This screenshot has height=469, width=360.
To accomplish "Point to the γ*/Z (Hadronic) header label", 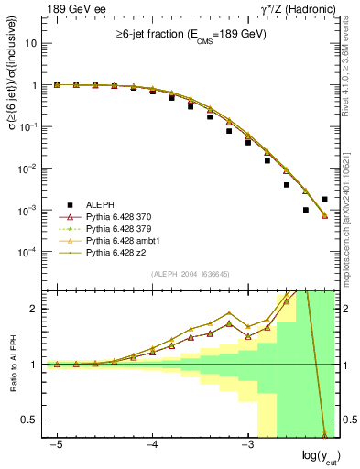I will [299, 9].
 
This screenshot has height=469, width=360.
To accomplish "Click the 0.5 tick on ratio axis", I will [34, 420].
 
